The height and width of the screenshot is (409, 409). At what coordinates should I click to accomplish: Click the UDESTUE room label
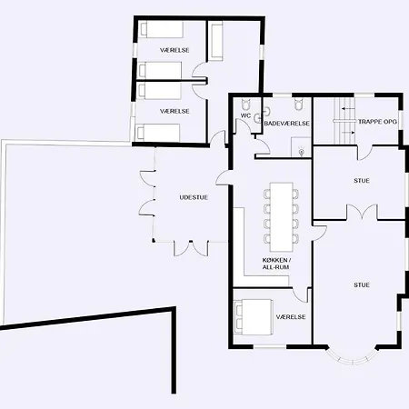(194, 197)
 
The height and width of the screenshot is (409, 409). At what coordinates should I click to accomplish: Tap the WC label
(245, 115)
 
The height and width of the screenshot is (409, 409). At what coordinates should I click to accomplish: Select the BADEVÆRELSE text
(287, 124)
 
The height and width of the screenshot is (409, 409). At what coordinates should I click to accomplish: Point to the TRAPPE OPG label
(377, 122)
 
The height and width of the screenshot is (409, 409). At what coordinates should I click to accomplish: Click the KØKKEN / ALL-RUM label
(276, 264)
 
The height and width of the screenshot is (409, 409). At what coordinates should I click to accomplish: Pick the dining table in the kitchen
(282, 216)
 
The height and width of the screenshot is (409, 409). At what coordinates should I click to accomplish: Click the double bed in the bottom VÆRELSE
(254, 317)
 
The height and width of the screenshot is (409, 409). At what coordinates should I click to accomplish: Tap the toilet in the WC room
(245, 105)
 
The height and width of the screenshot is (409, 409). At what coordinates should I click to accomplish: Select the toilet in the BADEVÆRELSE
(299, 104)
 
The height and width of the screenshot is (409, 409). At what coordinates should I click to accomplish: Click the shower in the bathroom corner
(302, 147)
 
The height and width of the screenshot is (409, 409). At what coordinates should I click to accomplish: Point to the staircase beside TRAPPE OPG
(344, 121)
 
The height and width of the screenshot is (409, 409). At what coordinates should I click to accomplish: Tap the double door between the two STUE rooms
(362, 212)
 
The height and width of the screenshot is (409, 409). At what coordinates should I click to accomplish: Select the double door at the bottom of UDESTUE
(191, 248)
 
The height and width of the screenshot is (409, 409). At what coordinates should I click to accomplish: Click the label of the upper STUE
(362, 181)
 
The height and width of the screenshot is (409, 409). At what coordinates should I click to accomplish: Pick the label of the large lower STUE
(362, 285)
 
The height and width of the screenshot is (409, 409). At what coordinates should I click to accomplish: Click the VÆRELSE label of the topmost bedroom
(175, 50)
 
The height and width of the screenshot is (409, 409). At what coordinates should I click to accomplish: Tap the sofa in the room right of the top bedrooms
(216, 41)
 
